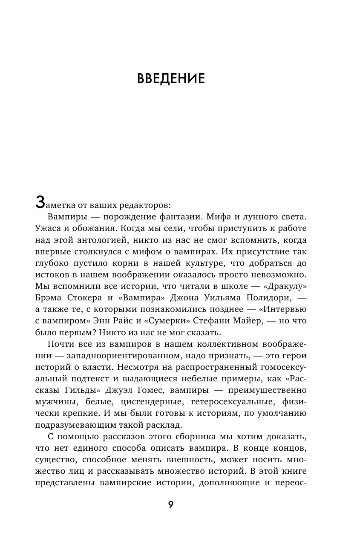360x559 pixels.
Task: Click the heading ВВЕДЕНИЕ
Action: click(171, 79)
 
